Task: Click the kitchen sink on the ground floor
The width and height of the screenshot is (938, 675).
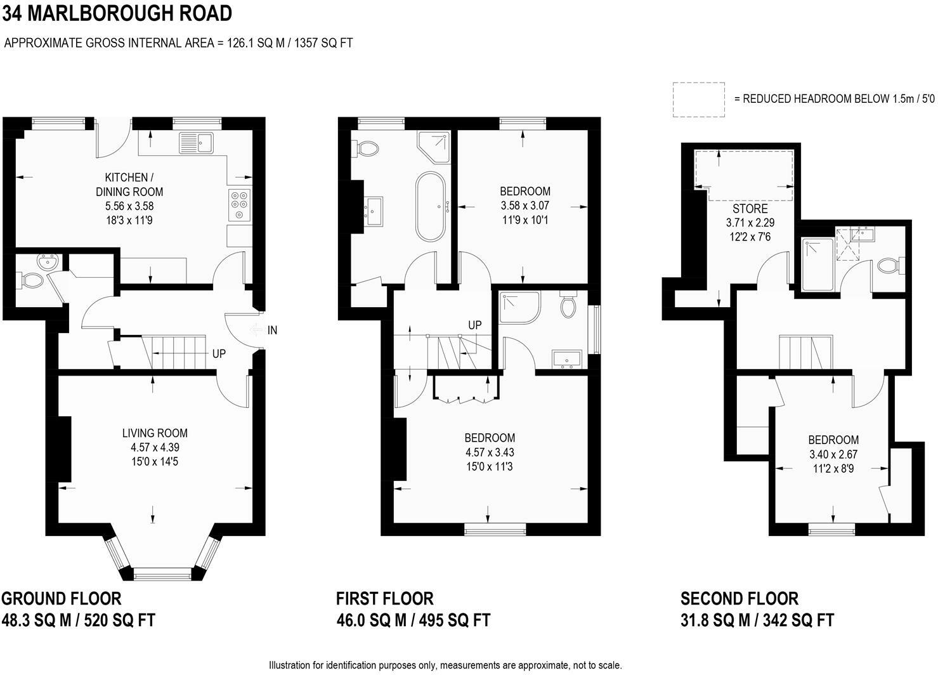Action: [x=197, y=143]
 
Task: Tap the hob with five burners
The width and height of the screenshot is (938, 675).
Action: [x=240, y=205]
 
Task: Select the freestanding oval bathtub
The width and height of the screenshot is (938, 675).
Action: [x=431, y=206]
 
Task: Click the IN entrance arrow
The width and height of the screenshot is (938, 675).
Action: [x=255, y=330]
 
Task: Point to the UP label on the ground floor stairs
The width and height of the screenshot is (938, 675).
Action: [x=219, y=354]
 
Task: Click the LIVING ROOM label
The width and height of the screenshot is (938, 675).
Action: [x=155, y=433]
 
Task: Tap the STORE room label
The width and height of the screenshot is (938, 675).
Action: [x=750, y=209]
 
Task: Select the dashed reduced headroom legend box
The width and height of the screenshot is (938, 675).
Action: [x=698, y=100]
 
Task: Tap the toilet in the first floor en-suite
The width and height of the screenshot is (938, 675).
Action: [x=568, y=305]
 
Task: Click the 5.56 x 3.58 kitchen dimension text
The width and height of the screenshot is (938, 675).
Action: [x=129, y=206]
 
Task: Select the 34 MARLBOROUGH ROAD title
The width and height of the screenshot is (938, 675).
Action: [x=117, y=13]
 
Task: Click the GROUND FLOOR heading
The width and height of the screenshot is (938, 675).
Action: [x=62, y=598]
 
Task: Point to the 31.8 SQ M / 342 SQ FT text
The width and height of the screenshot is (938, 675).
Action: [x=757, y=620]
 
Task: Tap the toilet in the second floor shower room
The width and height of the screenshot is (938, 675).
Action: [x=890, y=266]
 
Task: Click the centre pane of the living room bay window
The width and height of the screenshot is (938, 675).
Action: [x=162, y=573]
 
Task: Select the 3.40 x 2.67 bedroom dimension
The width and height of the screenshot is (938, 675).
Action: [x=833, y=454]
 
